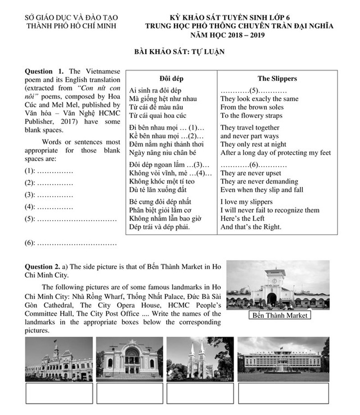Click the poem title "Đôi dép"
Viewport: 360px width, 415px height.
[x=171, y=78]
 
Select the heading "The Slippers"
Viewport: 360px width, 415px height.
[x=277, y=78]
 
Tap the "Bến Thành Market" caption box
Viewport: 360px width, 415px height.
[x=280, y=315]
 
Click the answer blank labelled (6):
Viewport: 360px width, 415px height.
[x=76, y=243]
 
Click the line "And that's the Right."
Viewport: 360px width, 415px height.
[x=251, y=227]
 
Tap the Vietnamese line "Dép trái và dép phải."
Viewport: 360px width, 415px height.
[x=159, y=227]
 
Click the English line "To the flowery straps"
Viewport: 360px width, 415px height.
[x=251, y=115]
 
